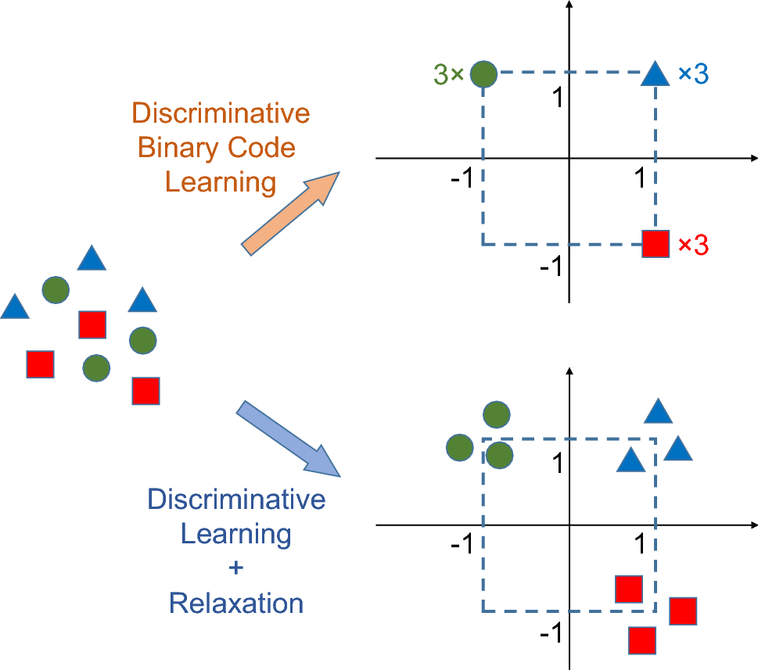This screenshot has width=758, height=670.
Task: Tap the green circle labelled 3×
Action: (484, 73)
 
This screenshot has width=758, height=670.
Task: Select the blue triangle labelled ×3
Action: (656, 75)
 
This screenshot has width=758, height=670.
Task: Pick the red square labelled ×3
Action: (655, 244)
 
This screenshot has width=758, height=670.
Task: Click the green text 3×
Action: (448, 75)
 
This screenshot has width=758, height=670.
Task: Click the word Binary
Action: (177, 148)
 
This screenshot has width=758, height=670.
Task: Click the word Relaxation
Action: (236, 603)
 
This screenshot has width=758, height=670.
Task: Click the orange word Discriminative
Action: (221, 113)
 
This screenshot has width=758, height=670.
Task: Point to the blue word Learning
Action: (236, 535)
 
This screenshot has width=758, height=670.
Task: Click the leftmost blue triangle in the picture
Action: (14, 306)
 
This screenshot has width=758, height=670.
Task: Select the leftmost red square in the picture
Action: (40, 364)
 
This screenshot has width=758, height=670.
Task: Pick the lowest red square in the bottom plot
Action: (642, 640)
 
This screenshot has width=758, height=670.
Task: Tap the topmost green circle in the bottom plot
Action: (497, 414)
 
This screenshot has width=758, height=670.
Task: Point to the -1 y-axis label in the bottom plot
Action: (551, 632)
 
